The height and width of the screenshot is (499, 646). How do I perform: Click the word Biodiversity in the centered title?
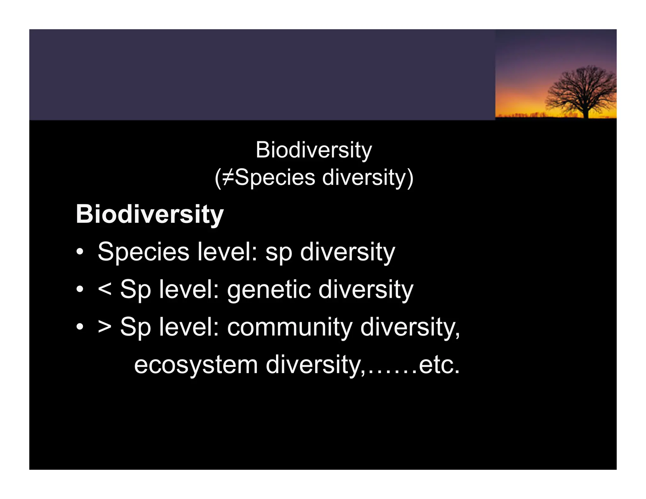314,150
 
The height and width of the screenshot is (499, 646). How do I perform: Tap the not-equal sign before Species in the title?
228,177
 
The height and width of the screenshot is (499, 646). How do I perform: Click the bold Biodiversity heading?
150,214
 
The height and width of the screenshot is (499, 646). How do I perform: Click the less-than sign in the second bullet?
104,289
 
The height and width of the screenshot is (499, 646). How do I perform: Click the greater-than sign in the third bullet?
104,327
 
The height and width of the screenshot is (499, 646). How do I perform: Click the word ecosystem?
196,365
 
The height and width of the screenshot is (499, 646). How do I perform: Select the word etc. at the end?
439,365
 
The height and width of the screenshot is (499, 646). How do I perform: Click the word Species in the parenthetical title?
275,177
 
